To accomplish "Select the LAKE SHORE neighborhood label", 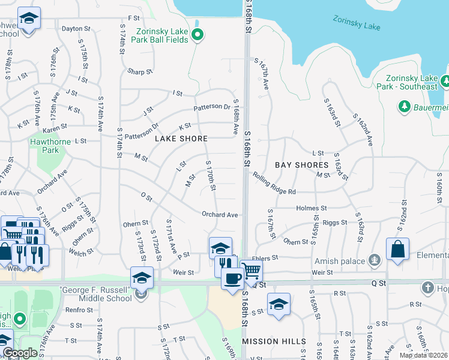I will tap(181, 139).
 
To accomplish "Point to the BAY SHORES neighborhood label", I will tap(302, 164).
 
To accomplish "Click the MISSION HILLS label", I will tap(270, 341).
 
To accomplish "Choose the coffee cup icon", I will tap(232, 278).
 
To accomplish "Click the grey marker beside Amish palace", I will tap(375, 260).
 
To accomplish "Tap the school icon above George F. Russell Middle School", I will tap(142, 278).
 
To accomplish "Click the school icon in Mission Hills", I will tap(279, 304).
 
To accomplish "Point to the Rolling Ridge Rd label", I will tap(274, 191).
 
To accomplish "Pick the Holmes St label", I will tap(311, 208).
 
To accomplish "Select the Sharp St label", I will tap(140, 71).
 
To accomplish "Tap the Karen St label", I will tap(55, 128).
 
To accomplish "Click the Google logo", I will tap(20, 353).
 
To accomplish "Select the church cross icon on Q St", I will tap(428, 288).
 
